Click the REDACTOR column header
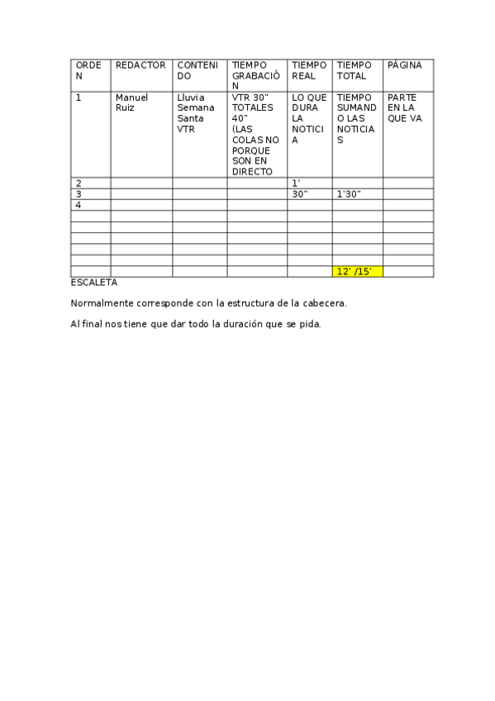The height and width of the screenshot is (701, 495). point(140,64)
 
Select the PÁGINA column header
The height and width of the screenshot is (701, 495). point(404,64)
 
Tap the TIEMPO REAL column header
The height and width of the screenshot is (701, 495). point(309,70)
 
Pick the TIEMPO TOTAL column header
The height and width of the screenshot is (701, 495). point(355,70)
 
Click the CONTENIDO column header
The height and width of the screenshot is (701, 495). point(198,70)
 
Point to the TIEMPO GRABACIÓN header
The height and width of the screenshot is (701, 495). point(255,75)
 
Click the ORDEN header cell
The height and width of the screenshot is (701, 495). point(89,70)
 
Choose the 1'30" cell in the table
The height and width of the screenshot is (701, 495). point(349,194)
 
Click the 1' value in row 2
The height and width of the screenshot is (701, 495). point(296,183)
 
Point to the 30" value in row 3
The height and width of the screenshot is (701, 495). point(300,194)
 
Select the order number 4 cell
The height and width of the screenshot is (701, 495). point(79,205)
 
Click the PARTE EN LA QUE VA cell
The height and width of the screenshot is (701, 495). point(404,107)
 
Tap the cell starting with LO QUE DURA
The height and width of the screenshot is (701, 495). point(309,118)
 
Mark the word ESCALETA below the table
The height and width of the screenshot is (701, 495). point(94,283)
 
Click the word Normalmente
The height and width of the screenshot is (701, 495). point(101,303)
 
